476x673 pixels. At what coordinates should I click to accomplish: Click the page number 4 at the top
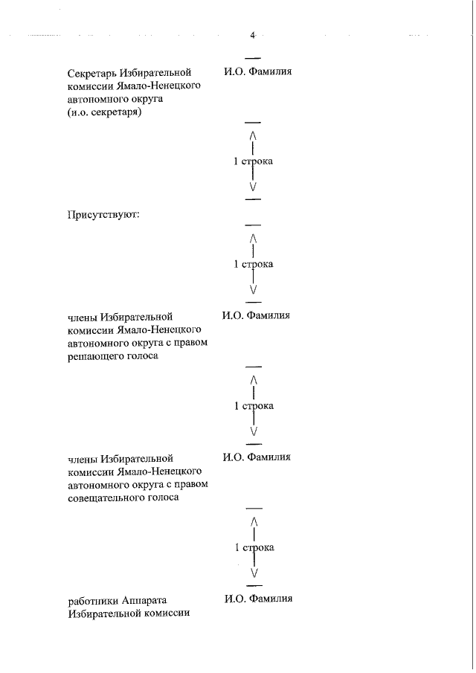[x=253, y=35]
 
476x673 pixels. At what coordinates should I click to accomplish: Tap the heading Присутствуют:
[x=103, y=216]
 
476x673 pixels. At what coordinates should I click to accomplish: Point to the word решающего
[x=94, y=356]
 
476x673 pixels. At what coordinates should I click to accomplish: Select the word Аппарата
[x=146, y=600]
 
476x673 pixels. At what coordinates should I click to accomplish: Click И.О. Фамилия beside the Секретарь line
[x=257, y=72]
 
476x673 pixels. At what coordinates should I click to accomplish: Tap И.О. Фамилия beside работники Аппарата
[x=257, y=599]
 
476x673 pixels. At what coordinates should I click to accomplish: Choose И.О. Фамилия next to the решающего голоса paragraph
[x=256, y=315]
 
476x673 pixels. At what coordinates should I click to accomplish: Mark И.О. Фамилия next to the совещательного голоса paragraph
[x=256, y=457]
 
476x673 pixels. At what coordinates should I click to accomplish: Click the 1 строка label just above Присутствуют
[x=253, y=161]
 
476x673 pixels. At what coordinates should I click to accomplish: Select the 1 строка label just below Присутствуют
[x=253, y=264]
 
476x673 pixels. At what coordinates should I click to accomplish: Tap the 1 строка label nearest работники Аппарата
[x=254, y=547]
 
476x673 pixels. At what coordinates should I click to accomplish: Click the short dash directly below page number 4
[x=253, y=57]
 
